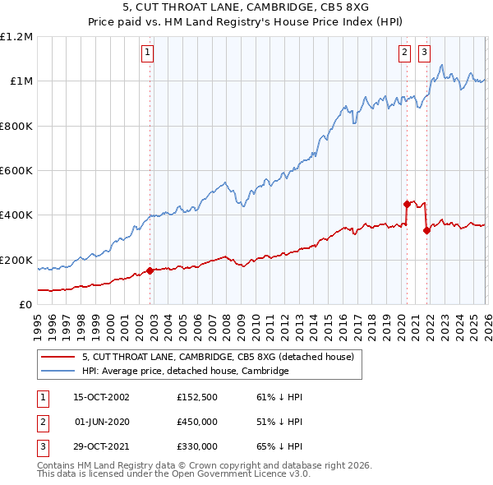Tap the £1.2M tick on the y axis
(16, 37)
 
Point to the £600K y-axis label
(16, 171)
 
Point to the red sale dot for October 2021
(426, 230)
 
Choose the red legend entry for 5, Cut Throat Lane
(218, 358)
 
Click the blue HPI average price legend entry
(185, 372)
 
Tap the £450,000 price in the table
(197, 422)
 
